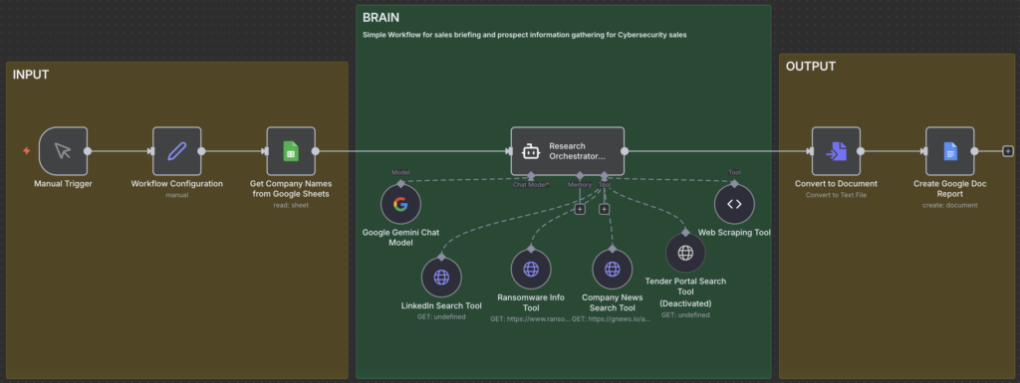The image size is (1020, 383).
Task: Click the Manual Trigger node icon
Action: tap(63, 151)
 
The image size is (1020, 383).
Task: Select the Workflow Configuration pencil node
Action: tap(176, 151)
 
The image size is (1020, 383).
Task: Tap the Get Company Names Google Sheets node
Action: tap(291, 151)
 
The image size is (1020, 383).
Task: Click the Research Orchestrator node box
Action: tap(567, 151)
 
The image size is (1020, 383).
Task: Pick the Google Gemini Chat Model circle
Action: tap(400, 204)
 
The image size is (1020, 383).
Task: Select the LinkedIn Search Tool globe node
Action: tap(441, 277)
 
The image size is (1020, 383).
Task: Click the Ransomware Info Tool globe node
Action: tap(531, 269)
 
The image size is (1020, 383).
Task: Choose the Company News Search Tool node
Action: tap(613, 269)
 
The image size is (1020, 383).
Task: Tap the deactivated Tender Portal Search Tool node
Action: tap(685, 253)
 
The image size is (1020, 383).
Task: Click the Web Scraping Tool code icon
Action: tap(734, 204)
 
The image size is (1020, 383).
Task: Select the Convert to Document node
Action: tap(836, 151)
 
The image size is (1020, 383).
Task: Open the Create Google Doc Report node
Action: tap(949, 151)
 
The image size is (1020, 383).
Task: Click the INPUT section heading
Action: tap(31, 75)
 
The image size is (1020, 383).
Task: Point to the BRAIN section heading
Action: tap(382, 18)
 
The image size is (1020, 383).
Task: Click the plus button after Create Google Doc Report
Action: tap(1008, 151)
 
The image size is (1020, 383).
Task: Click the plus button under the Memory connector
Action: tap(580, 209)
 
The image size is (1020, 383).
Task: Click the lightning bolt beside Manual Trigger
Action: tap(27, 151)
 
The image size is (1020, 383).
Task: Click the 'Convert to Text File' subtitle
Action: tap(836, 195)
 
